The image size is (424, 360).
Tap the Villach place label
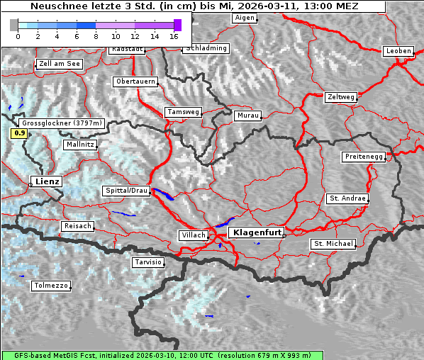tap(194, 235)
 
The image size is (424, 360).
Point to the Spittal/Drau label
tap(127, 191)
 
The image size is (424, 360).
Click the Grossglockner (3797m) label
tap(63, 123)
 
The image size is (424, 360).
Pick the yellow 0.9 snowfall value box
tap(20, 133)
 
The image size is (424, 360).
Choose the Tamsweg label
tap(184, 112)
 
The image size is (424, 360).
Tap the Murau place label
tap(248, 115)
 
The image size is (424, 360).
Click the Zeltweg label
tap(341, 96)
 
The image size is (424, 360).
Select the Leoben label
tap(398, 51)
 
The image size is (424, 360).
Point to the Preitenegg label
tap(364, 157)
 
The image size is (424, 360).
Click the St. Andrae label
tap(347, 198)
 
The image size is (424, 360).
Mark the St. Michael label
tap(333, 244)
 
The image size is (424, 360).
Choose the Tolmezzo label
tap(51, 286)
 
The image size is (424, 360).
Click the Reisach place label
tap(78, 226)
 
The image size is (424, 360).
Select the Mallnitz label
tap(80, 145)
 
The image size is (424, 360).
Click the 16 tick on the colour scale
tap(174, 35)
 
